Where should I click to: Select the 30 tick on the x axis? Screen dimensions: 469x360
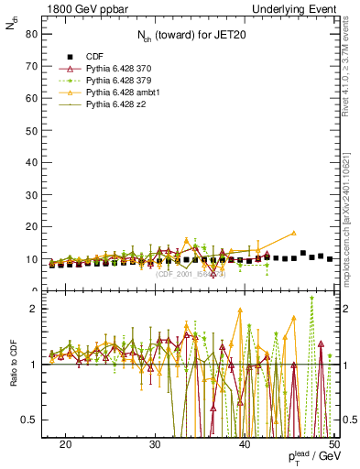tap(155, 444)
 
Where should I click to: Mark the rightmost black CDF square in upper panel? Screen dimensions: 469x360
tap(330, 259)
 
